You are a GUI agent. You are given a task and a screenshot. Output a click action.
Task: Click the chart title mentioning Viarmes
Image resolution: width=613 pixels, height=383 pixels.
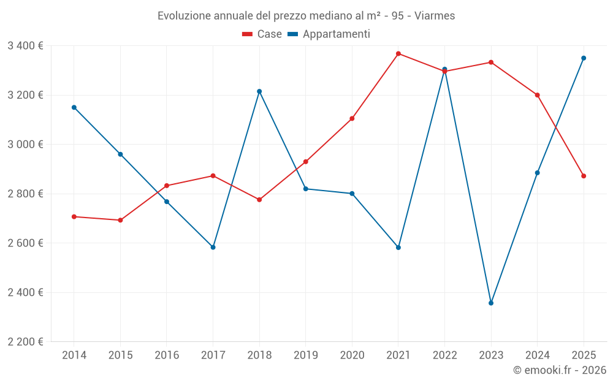[x=306, y=15]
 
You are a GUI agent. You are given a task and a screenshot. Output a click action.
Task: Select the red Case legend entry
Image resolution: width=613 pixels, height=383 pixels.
[x=262, y=34]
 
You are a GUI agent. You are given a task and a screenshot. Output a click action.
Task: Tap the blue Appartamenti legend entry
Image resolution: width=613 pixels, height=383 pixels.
[x=329, y=34]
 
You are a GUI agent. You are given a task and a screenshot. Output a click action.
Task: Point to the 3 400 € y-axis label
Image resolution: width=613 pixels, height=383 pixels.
[x=25, y=46]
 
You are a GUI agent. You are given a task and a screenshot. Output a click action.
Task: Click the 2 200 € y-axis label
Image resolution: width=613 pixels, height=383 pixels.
[x=25, y=342]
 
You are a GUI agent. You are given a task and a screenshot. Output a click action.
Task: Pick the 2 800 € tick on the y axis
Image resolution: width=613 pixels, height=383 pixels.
[x=25, y=194]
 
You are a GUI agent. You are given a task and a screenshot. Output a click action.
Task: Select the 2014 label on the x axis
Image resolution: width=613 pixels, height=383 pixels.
[x=74, y=355]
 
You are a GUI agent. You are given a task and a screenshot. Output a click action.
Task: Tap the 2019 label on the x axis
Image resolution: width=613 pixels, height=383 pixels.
[x=306, y=355]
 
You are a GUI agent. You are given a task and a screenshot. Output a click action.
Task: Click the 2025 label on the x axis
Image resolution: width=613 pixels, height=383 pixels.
[x=584, y=355]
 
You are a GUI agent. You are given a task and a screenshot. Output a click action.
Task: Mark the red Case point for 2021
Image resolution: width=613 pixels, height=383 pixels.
[x=398, y=54]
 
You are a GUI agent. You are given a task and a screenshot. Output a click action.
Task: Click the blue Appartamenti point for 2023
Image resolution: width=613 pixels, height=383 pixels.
[x=491, y=303]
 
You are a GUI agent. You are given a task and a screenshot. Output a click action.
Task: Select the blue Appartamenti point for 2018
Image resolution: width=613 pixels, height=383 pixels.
[x=259, y=91]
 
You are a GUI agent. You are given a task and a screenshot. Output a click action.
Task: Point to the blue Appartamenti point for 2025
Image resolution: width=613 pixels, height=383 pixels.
[x=584, y=58]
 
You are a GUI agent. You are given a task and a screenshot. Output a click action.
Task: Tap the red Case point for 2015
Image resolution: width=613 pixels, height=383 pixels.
[x=120, y=220]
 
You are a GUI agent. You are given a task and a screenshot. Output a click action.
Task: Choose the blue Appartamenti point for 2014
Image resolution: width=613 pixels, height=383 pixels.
[x=74, y=107]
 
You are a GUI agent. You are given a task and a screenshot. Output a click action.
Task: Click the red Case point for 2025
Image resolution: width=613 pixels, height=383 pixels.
[x=584, y=176]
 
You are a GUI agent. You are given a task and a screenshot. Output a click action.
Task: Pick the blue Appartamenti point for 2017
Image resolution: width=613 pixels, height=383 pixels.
[x=213, y=248]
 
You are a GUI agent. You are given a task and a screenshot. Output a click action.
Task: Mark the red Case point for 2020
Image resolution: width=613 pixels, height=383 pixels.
[x=352, y=118]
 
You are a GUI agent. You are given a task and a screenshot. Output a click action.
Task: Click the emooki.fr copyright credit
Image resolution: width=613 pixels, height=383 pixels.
[x=559, y=370]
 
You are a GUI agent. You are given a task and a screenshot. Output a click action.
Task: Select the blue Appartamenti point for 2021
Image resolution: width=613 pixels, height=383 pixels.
[x=398, y=248]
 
